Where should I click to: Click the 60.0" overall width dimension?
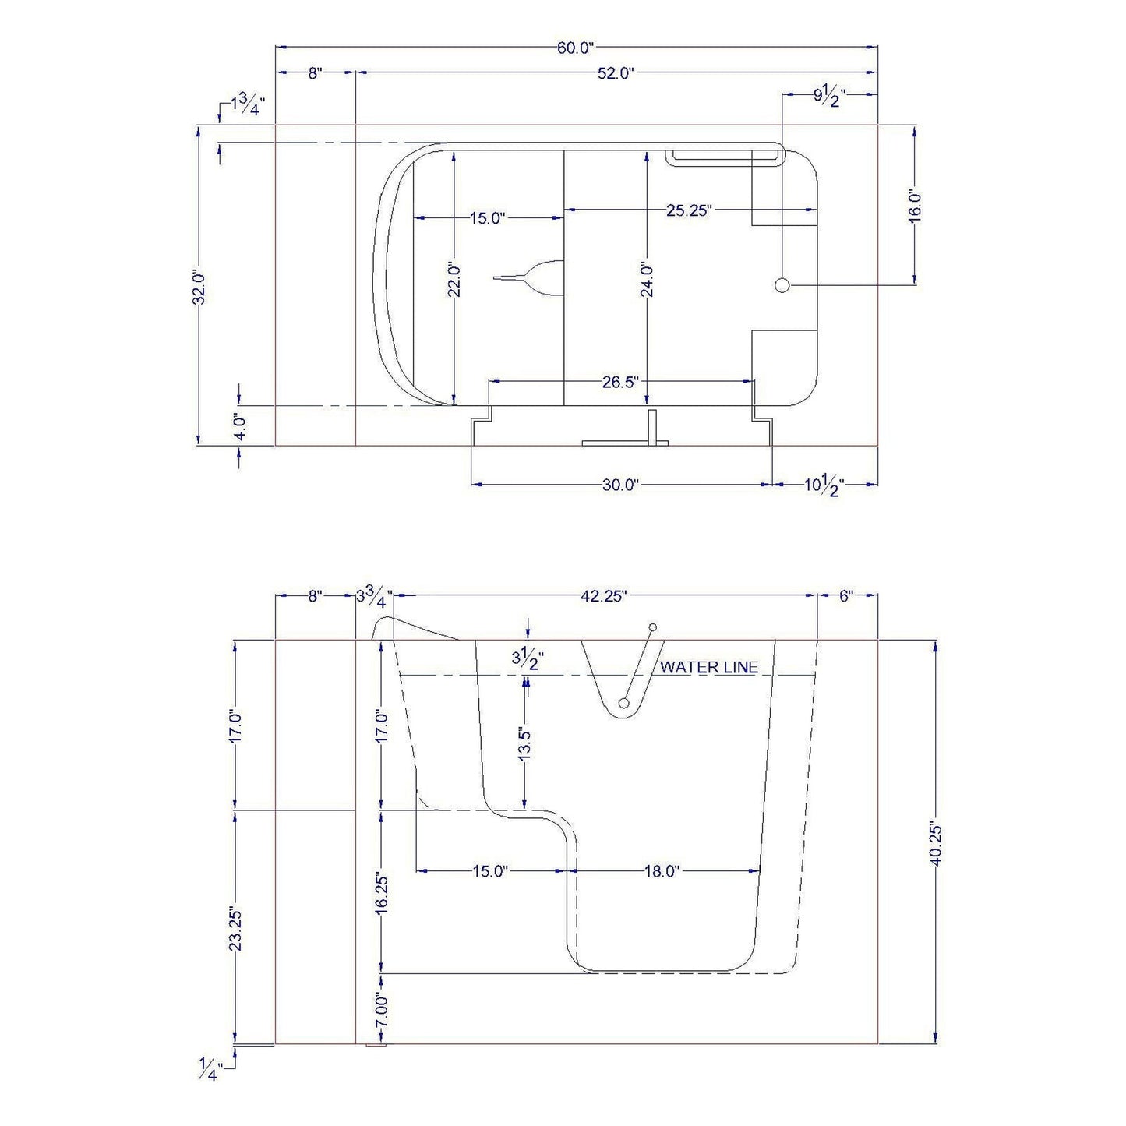575,48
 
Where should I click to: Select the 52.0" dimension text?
616,73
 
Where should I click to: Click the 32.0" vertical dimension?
199,286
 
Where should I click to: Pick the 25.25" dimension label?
689,210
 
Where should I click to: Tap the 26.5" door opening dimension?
621,382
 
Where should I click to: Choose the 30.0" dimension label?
621,485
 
